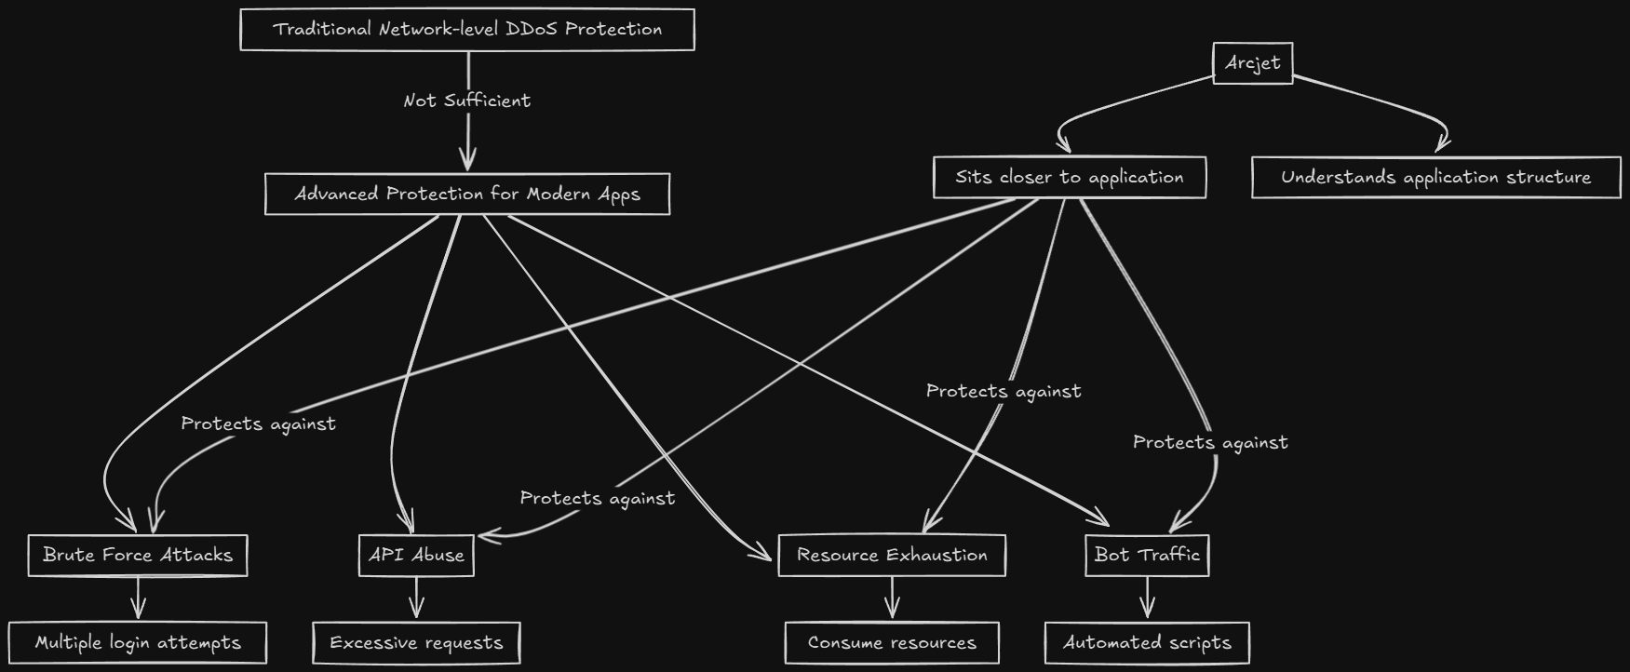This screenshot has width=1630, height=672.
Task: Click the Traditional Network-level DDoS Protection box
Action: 467,30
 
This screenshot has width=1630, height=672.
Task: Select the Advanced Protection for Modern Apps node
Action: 467,194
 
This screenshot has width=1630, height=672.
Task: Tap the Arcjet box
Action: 1253,63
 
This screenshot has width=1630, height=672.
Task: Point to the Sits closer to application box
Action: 1070,177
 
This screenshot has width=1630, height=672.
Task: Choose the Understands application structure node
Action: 1435,177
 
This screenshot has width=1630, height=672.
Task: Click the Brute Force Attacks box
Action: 138,555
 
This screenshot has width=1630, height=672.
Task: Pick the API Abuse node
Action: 416,555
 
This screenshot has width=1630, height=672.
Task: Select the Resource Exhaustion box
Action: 892,555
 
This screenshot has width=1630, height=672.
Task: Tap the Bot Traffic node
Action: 1147,555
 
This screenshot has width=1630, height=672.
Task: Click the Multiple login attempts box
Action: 138,642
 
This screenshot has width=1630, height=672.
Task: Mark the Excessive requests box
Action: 416,642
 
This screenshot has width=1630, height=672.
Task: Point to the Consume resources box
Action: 892,642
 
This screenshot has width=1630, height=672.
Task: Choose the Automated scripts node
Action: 1147,642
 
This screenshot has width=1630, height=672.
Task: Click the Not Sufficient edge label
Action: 467,101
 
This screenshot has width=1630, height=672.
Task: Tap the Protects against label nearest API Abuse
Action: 598,498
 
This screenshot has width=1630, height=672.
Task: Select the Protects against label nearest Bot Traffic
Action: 1210,442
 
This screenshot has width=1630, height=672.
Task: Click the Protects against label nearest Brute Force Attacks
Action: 259,423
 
